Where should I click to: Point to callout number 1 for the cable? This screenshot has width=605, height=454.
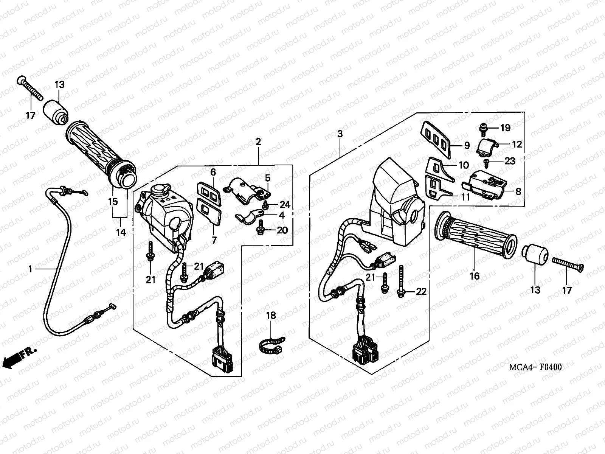click(30, 269)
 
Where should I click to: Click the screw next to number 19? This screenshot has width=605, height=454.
click(483, 128)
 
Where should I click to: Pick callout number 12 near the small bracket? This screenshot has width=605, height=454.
click(517, 144)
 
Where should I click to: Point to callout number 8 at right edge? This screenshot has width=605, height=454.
click(518, 191)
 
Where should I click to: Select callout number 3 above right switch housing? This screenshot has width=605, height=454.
click(340, 134)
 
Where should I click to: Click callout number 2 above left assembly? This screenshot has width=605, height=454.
click(258, 142)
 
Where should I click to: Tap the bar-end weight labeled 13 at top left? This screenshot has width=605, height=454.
click(56, 104)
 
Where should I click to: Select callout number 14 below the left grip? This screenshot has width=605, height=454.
click(121, 232)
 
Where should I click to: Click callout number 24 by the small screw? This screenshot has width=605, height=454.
click(285, 205)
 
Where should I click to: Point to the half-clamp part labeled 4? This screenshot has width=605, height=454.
click(247, 218)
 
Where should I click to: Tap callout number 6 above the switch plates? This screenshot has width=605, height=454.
click(213, 173)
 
